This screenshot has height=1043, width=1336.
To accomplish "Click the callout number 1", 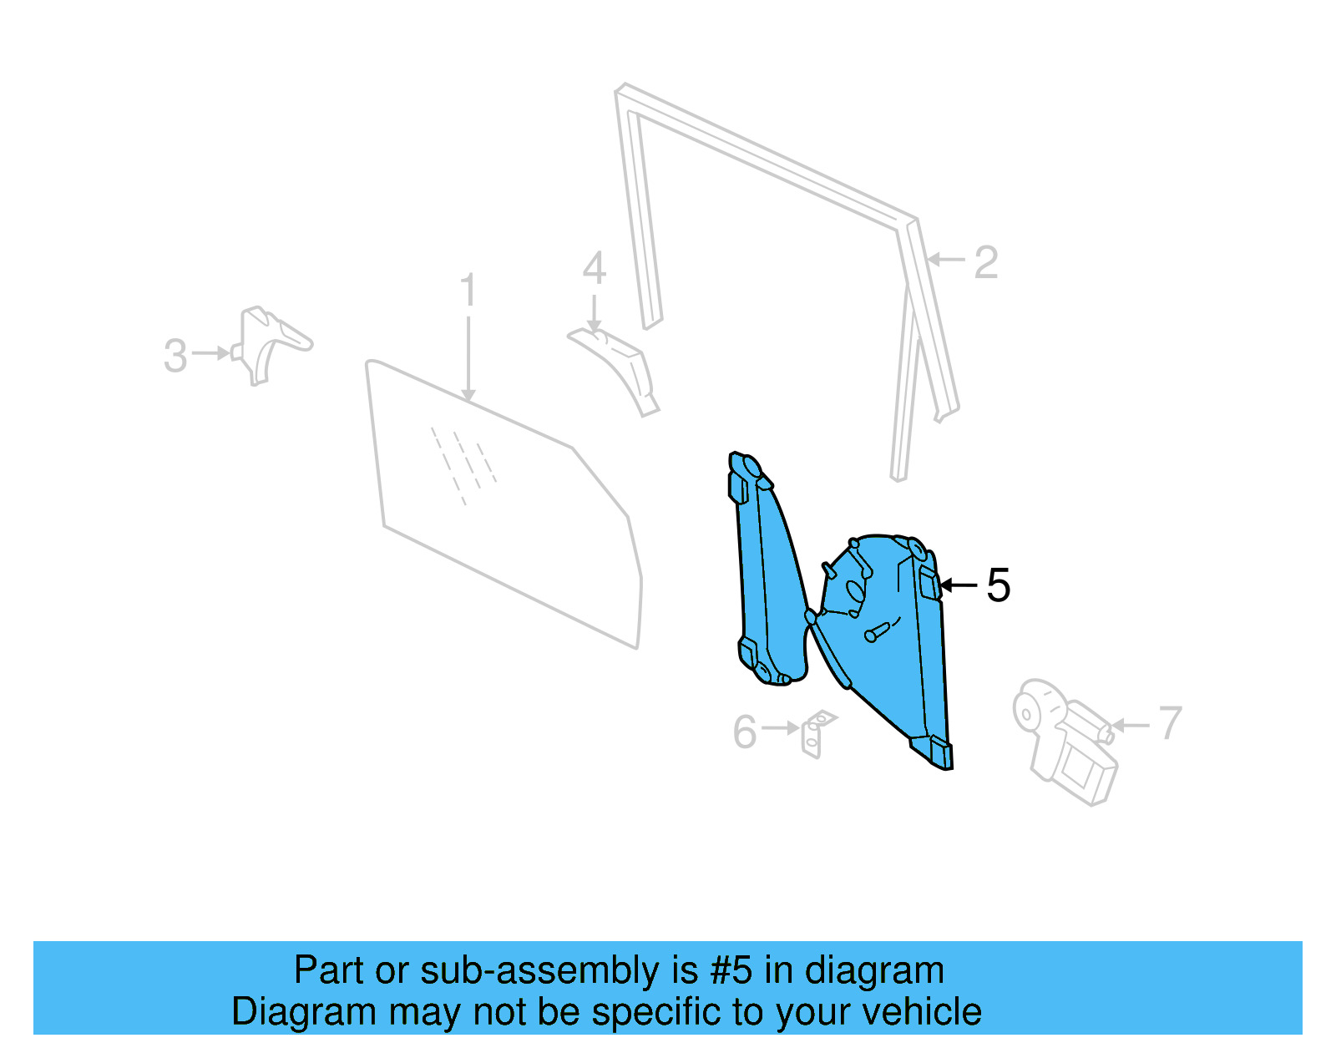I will coord(468,290).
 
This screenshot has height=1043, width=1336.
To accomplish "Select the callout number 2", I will coord(986,263).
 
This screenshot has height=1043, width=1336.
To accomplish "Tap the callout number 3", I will coord(175,356).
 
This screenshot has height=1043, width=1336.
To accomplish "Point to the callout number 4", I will coord(594,269).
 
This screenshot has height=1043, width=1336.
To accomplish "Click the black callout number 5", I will coord(999,585).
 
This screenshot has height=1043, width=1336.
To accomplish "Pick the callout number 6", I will coord(744,732).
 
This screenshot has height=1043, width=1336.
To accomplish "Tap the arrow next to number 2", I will coord(945,260).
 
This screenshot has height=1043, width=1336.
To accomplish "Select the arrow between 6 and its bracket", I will coord(781,728).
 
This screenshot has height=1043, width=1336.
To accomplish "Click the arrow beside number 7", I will coord(1131,725).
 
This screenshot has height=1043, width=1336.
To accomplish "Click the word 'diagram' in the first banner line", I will coord(874,970).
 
